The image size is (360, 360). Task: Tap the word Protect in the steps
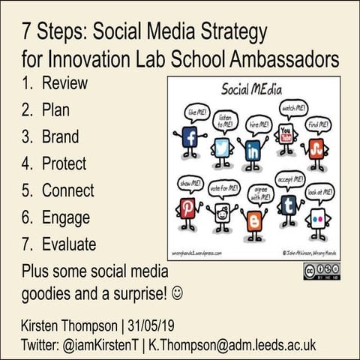64,163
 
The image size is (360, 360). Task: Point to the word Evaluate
69,244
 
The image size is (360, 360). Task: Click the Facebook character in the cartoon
190,139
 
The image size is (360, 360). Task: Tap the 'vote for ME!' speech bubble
223,187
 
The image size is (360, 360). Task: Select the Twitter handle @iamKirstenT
99,343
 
